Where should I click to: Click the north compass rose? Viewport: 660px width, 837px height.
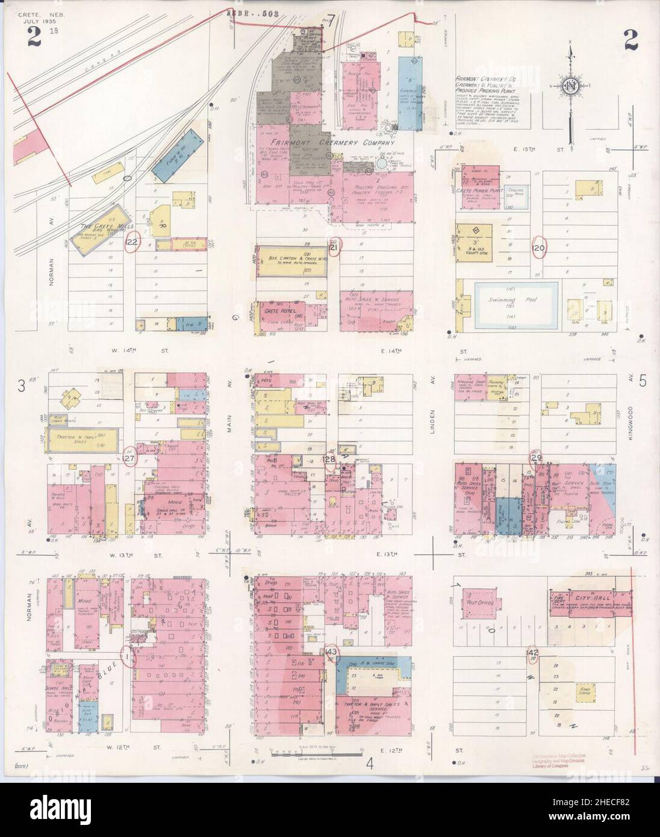[x=569, y=87]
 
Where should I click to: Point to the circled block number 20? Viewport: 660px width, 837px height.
[x=540, y=247]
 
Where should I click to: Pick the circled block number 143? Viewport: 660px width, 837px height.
[x=331, y=652]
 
